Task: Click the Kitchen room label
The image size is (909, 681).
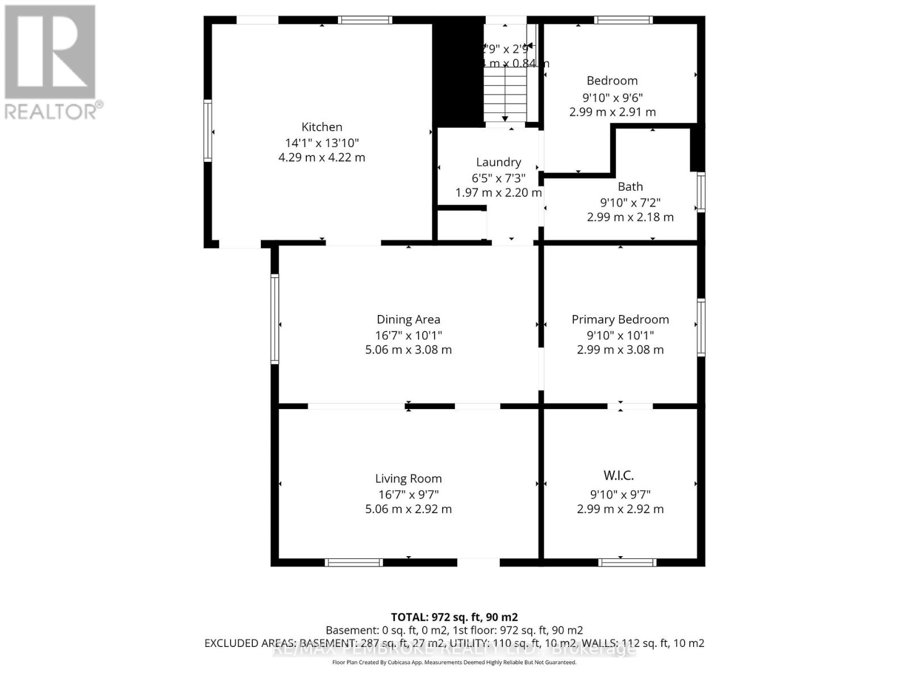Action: point(322,127)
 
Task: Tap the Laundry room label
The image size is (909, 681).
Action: point(498,162)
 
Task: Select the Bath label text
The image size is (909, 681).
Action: point(630,187)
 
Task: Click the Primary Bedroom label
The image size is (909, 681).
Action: point(620,320)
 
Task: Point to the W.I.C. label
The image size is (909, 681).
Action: point(619,476)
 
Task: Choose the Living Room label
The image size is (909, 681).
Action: point(408,479)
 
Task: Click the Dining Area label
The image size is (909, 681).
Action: point(408,320)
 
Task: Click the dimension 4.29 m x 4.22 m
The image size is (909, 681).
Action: point(322,157)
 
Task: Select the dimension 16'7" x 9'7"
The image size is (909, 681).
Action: point(408,494)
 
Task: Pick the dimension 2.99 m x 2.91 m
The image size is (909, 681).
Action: point(612,112)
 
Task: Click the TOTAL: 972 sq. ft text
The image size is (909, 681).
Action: point(454,617)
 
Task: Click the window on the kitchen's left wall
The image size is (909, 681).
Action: point(208,131)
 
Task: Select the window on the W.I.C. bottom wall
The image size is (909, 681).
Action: point(627,562)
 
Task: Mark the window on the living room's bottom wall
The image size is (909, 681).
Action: point(353,562)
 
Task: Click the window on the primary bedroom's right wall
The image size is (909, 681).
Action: point(701,327)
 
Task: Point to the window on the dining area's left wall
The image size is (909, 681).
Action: point(274,318)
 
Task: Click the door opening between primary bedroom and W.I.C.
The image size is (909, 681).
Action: point(630,406)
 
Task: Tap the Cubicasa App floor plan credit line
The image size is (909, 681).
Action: point(454,662)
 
